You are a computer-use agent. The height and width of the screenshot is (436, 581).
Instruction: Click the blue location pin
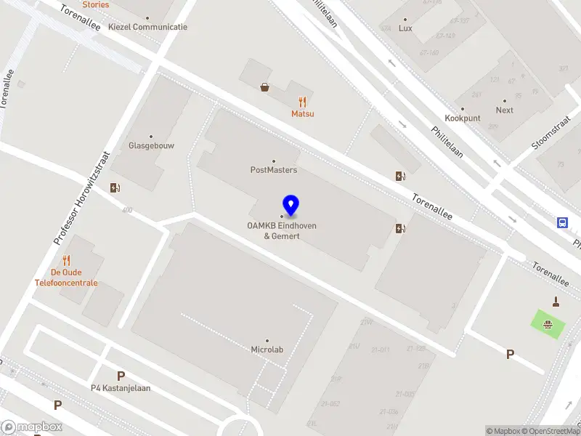tap(291, 206)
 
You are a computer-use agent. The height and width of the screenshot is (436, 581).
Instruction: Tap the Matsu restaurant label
tap(303, 113)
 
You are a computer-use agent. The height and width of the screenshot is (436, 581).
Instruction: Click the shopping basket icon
tap(265, 87)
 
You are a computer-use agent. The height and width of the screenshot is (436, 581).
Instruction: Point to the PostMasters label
tap(274, 170)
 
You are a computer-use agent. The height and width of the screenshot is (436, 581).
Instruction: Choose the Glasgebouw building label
tap(151, 145)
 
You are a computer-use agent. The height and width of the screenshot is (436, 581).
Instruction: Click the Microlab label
tap(267, 350)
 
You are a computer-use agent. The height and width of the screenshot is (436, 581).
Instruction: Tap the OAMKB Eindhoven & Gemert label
tap(282, 231)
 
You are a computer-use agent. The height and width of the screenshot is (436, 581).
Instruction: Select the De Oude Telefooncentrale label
tap(66, 278)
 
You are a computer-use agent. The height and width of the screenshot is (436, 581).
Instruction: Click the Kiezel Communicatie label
tap(147, 27)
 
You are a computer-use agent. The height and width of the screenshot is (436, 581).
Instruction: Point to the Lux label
tap(405, 28)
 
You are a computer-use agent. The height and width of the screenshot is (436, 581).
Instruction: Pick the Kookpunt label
tap(463, 118)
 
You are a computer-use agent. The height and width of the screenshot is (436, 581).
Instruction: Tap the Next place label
tap(504, 110)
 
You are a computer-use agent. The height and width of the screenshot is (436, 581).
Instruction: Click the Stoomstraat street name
tap(551, 134)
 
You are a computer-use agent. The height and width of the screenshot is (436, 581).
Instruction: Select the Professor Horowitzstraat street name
tap(81, 198)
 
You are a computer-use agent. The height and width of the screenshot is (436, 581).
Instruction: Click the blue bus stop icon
tap(563, 222)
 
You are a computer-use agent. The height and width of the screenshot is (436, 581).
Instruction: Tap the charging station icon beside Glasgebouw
tap(115, 188)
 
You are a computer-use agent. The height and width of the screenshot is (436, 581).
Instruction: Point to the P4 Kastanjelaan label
tap(121, 387)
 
